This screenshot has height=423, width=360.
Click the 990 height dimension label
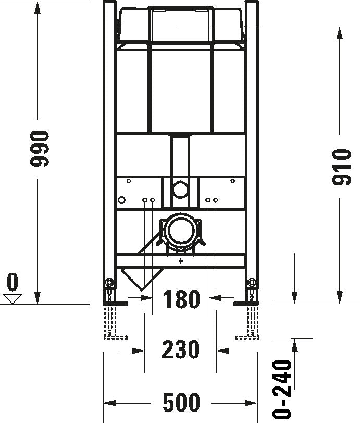[40, 149]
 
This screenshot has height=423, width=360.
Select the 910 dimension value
[341, 166]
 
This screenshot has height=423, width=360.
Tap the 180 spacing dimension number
[181, 300]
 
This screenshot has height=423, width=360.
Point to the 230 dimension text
[180, 349]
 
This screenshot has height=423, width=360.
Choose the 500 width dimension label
[181, 403]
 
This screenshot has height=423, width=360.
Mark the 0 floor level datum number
[12, 282]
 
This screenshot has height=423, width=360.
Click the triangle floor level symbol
[11, 299]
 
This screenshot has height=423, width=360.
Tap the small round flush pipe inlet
[180, 189]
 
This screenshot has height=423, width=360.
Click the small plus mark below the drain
[181, 261]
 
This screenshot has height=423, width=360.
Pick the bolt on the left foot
[109, 283]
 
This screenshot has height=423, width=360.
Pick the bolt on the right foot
[252, 283]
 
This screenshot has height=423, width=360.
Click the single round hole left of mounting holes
[122, 200]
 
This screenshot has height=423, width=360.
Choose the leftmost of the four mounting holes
[144, 200]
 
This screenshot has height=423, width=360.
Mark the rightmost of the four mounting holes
[216, 200]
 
